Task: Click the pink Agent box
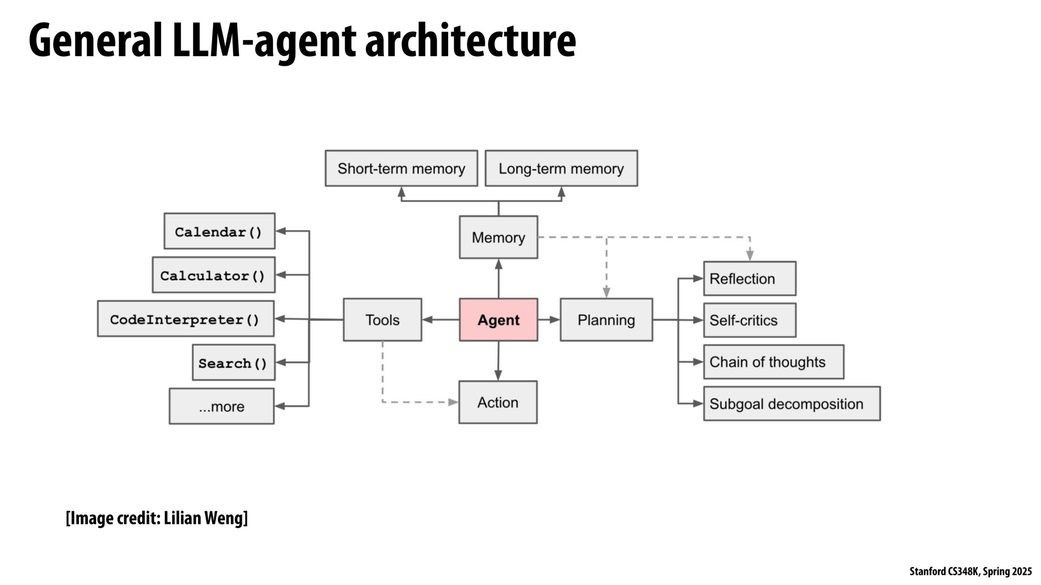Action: coord(498,320)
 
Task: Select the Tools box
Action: coord(382,320)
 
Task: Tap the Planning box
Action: coord(606,320)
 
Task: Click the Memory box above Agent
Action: coord(498,237)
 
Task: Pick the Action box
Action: coord(498,402)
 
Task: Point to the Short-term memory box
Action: coord(401,168)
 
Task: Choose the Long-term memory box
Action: coord(561,168)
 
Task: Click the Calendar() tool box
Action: coord(219,231)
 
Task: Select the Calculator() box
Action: coord(213,275)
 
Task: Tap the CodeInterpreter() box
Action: coord(185,319)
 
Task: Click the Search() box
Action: coord(233,363)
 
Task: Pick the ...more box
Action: coord(222,406)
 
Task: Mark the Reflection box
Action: coord(750,278)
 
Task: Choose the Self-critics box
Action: coord(750,320)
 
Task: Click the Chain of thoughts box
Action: coord(774,362)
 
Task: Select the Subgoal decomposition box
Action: coord(792,404)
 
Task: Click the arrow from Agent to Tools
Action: coord(440,320)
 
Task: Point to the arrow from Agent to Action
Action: coord(498,361)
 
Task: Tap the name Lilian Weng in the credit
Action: coord(204,518)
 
